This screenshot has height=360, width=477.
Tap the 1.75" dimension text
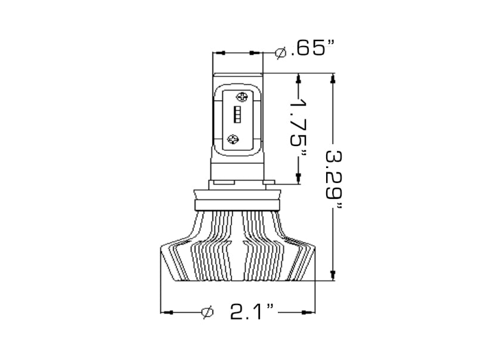(x=298, y=128)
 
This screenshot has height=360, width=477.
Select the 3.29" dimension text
(x=333, y=179)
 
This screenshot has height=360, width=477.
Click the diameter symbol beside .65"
(x=281, y=53)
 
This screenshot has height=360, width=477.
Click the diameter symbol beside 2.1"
(x=207, y=312)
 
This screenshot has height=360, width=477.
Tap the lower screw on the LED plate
(x=234, y=139)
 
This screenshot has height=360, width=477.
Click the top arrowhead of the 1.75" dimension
(x=298, y=77)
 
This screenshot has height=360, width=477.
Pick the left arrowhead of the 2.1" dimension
(x=166, y=312)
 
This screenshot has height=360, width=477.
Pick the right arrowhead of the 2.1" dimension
(x=309, y=312)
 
